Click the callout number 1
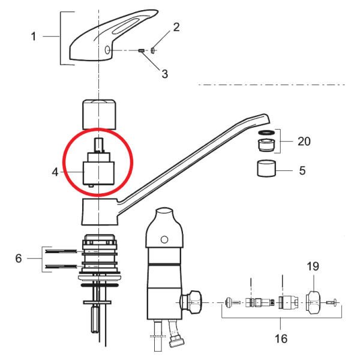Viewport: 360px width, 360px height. click(x=34, y=37)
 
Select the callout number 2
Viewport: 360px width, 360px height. click(x=176, y=26)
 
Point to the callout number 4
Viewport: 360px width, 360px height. click(x=55, y=172)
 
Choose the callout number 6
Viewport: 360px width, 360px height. click(x=19, y=258)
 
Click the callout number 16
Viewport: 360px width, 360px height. click(x=280, y=338)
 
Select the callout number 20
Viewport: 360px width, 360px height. click(x=304, y=142)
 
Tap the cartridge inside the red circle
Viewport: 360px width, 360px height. click(x=99, y=168)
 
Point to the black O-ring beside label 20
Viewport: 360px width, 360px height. click(x=267, y=132)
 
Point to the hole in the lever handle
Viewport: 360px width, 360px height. click(x=107, y=50)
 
